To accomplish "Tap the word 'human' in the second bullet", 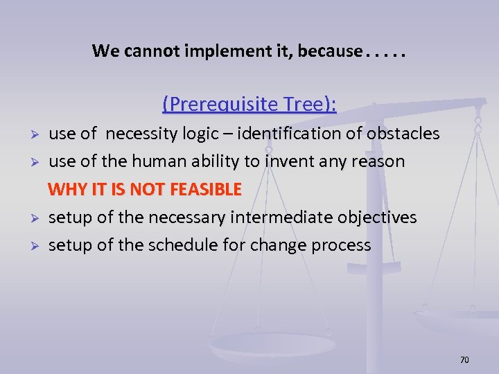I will click(143, 161).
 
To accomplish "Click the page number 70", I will click(464, 360).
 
